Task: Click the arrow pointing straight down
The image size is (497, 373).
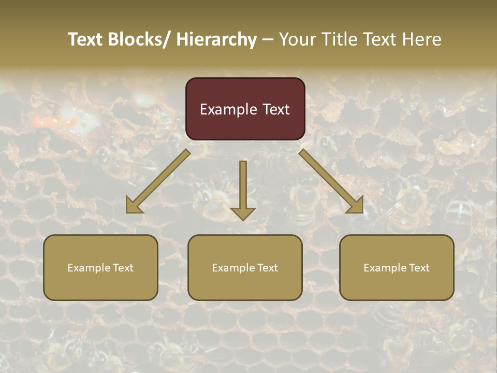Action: point(243,187)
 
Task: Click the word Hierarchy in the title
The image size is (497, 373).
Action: point(216,39)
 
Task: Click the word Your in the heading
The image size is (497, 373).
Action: point(297,39)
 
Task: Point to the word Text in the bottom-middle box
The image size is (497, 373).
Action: point(267,268)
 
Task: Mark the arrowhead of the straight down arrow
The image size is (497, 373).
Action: point(243,212)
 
